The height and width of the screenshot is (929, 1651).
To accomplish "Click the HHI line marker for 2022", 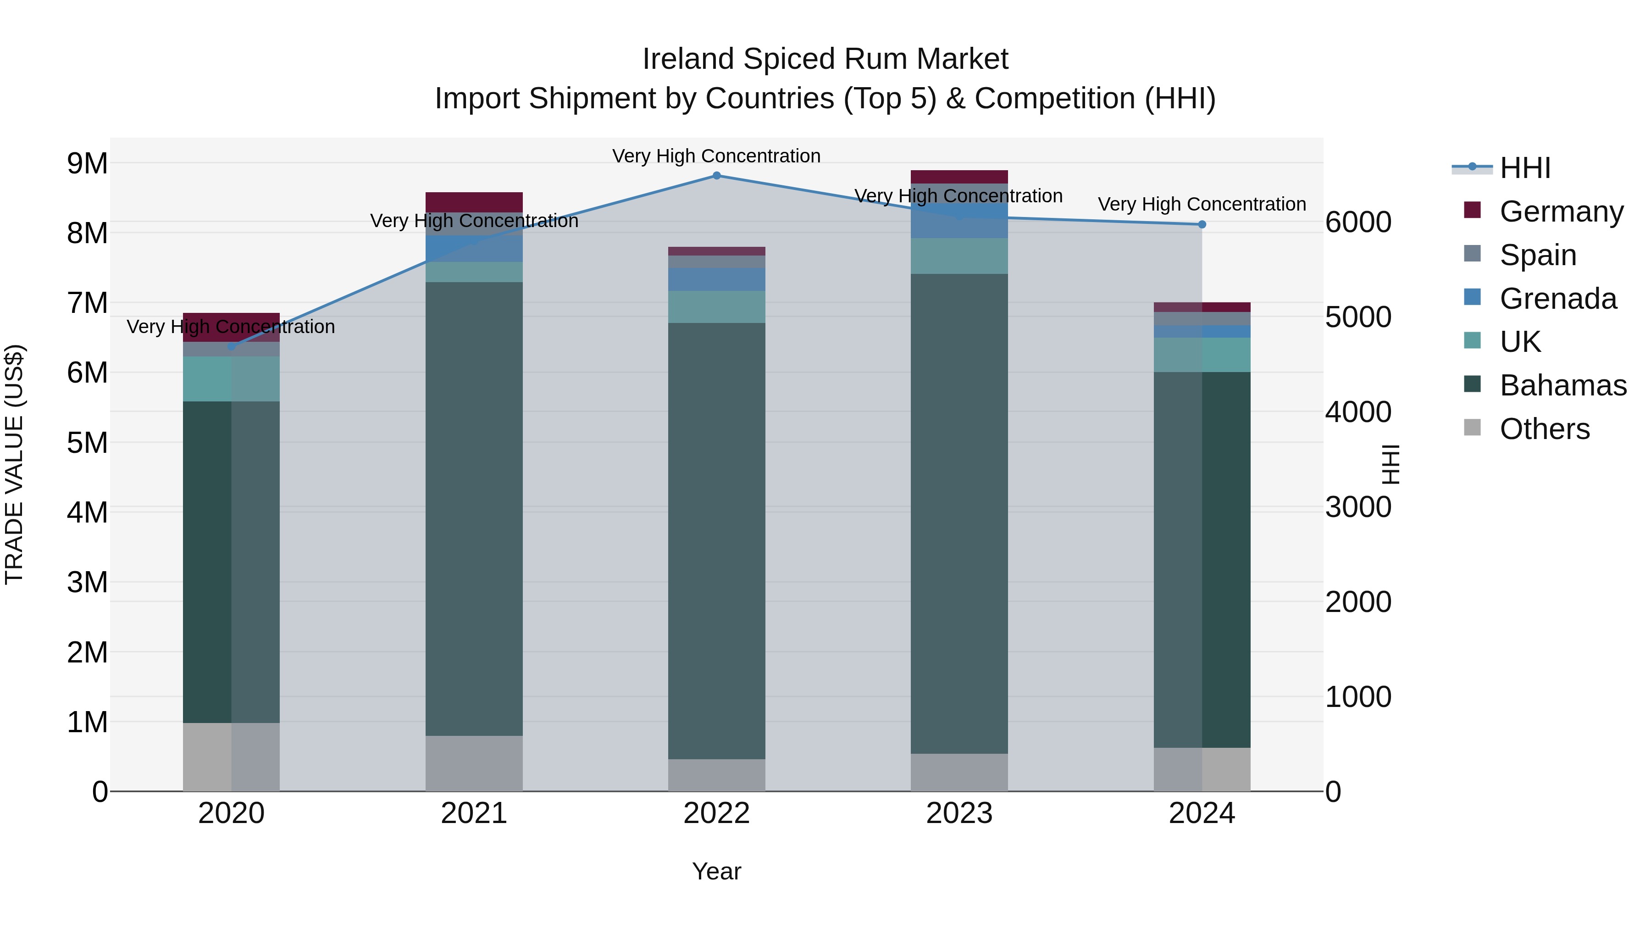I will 716,176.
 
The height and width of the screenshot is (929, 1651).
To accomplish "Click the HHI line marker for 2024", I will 1202,224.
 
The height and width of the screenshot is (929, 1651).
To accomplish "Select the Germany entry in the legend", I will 1561,211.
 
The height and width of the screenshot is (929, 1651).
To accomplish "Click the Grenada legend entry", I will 1557,299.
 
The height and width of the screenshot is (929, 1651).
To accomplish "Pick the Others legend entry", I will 1544,429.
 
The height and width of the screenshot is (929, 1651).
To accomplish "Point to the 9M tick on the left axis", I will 87,163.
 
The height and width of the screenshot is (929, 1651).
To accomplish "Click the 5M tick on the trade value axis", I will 87,442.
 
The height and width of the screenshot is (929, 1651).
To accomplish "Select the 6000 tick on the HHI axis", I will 1357,223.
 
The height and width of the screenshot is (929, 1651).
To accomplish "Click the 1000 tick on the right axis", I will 1357,697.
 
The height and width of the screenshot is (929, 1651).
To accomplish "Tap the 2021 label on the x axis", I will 474,813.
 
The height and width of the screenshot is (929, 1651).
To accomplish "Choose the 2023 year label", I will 959,813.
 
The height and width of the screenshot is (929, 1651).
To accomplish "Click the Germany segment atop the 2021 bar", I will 474,202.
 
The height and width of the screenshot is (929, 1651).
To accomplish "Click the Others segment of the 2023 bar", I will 959,772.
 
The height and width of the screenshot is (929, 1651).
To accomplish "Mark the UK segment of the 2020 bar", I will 232,379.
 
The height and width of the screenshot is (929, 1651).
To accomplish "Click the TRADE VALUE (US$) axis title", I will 14,464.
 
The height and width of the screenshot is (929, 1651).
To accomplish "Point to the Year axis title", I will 716,871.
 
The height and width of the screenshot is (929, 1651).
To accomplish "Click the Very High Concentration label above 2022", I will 716,156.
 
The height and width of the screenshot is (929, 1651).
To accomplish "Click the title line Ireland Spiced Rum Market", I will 825,59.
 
